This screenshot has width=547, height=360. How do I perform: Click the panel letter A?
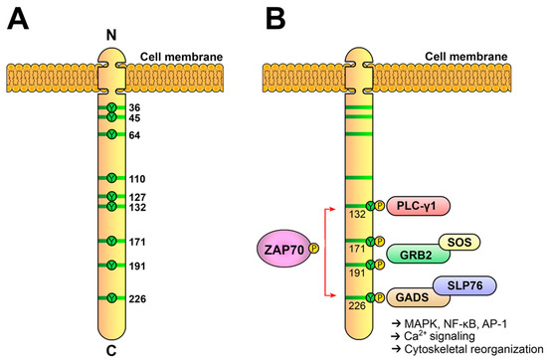pos(17,21)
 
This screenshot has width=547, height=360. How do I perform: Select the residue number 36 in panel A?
pos(134,107)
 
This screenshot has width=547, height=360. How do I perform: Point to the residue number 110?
pos(137,178)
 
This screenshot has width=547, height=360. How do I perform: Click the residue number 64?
pos(134,135)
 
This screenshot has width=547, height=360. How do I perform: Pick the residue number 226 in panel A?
pos(137,297)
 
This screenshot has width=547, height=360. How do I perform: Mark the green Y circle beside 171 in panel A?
pos(112,242)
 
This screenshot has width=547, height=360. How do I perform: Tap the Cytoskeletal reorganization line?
pos(462,350)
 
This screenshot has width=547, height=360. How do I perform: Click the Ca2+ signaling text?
pos(434,337)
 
